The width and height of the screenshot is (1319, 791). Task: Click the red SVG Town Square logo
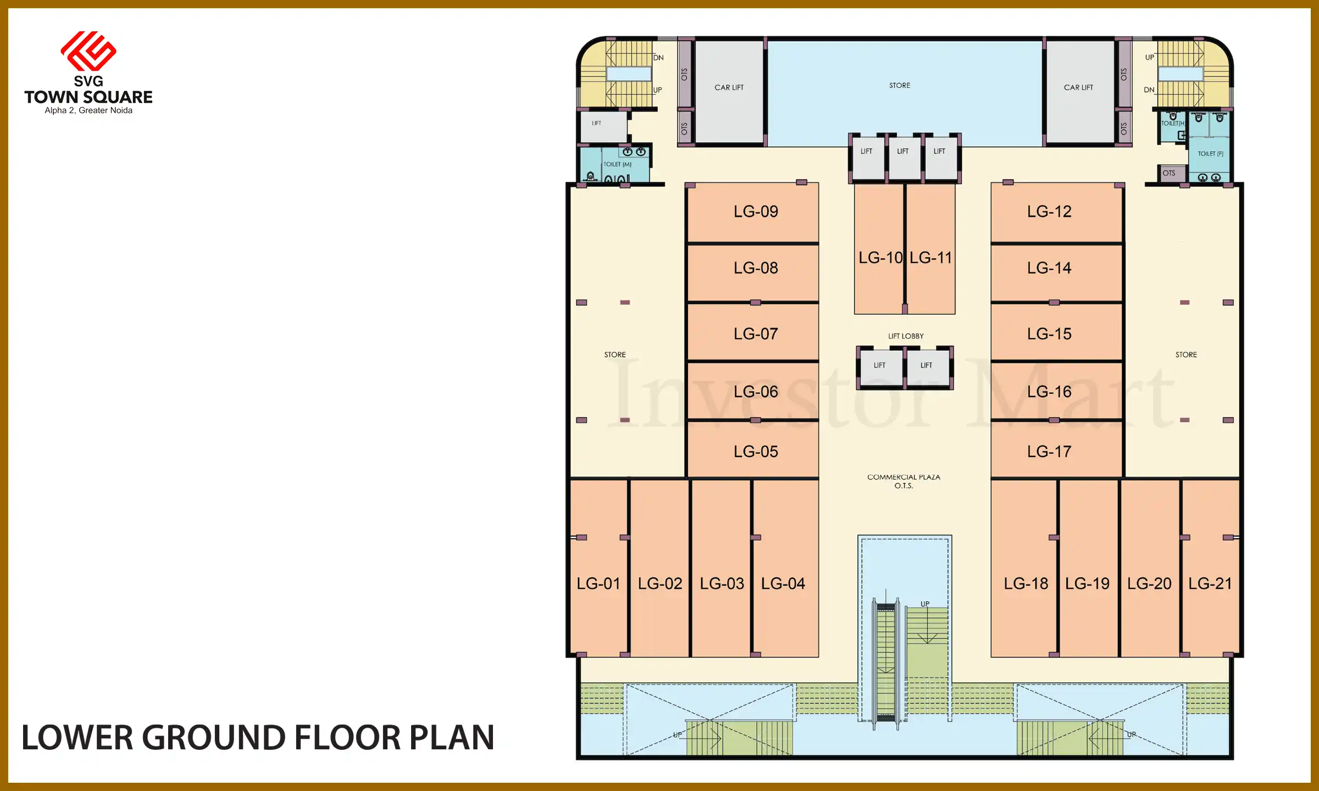click(x=88, y=51)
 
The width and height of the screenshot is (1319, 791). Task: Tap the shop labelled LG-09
click(x=755, y=211)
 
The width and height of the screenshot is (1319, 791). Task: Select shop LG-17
click(x=1049, y=452)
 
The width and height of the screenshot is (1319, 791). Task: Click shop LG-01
click(x=598, y=583)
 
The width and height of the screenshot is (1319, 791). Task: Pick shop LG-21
click(x=1210, y=583)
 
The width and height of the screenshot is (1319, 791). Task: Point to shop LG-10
click(x=879, y=258)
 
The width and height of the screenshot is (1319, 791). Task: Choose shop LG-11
click(x=930, y=258)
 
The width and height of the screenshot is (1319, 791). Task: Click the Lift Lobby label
click(x=905, y=336)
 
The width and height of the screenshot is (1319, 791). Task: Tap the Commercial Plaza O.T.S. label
click(x=904, y=481)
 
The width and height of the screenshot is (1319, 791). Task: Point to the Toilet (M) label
click(x=617, y=164)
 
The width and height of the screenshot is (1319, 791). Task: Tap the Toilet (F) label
click(x=1210, y=154)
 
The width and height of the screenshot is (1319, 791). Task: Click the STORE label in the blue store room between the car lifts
click(x=900, y=86)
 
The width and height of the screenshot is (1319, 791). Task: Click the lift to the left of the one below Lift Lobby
click(x=879, y=365)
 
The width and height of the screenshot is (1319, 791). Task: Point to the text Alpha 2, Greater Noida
click(x=88, y=110)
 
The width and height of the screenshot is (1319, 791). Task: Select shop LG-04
click(x=783, y=583)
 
